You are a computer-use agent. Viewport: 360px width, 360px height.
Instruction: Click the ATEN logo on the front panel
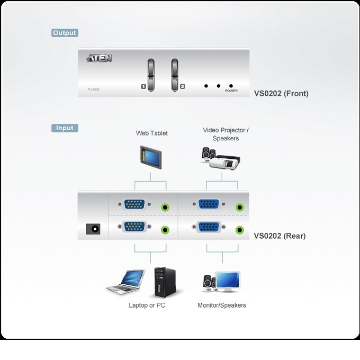pyautogui.click(x=99, y=58)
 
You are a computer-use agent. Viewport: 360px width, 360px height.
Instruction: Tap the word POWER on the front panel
pyautogui.click(x=231, y=91)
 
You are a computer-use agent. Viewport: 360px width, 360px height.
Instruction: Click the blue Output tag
pyautogui.click(x=65, y=33)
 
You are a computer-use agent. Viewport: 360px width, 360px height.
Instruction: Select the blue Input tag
pyautogui.click(x=65, y=128)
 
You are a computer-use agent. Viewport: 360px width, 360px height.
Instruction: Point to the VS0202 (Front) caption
pyautogui.click(x=281, y=94)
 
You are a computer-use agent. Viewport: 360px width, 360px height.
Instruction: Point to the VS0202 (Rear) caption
pyautogui.click(x=280, y=236)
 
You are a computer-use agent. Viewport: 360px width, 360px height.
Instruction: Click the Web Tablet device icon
pyautogui.click(x=151, y=158)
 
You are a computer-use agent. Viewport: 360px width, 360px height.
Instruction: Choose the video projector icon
pyautogui.click(x=224, y=163)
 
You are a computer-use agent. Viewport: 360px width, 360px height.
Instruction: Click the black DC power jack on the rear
pyautogui.click(x=93, y=229)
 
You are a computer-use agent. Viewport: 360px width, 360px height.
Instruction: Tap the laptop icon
pyautogui.click(x=125, y=282)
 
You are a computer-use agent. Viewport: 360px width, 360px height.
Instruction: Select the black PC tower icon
pyautogui.click(x=165, y=282)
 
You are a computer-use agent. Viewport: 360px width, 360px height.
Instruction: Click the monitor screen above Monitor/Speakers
pyautogui.click(x=228, y=280)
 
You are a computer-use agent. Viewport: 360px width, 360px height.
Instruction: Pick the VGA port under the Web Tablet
pyautogui.click(x=134, y=204)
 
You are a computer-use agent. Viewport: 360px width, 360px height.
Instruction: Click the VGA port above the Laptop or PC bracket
pyautogui.click(x=134, y=227)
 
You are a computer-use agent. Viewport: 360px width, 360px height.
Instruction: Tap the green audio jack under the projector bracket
pyautogui.click(x=239, y=208)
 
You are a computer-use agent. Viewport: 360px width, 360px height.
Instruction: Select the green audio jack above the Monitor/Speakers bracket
pyautogui.click(x=239, y=230)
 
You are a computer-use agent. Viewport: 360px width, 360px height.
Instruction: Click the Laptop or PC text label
pyautogui.click(x=147, y=305)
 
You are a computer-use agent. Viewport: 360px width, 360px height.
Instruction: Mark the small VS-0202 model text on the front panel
pyautogui.click(x=94, y=89)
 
